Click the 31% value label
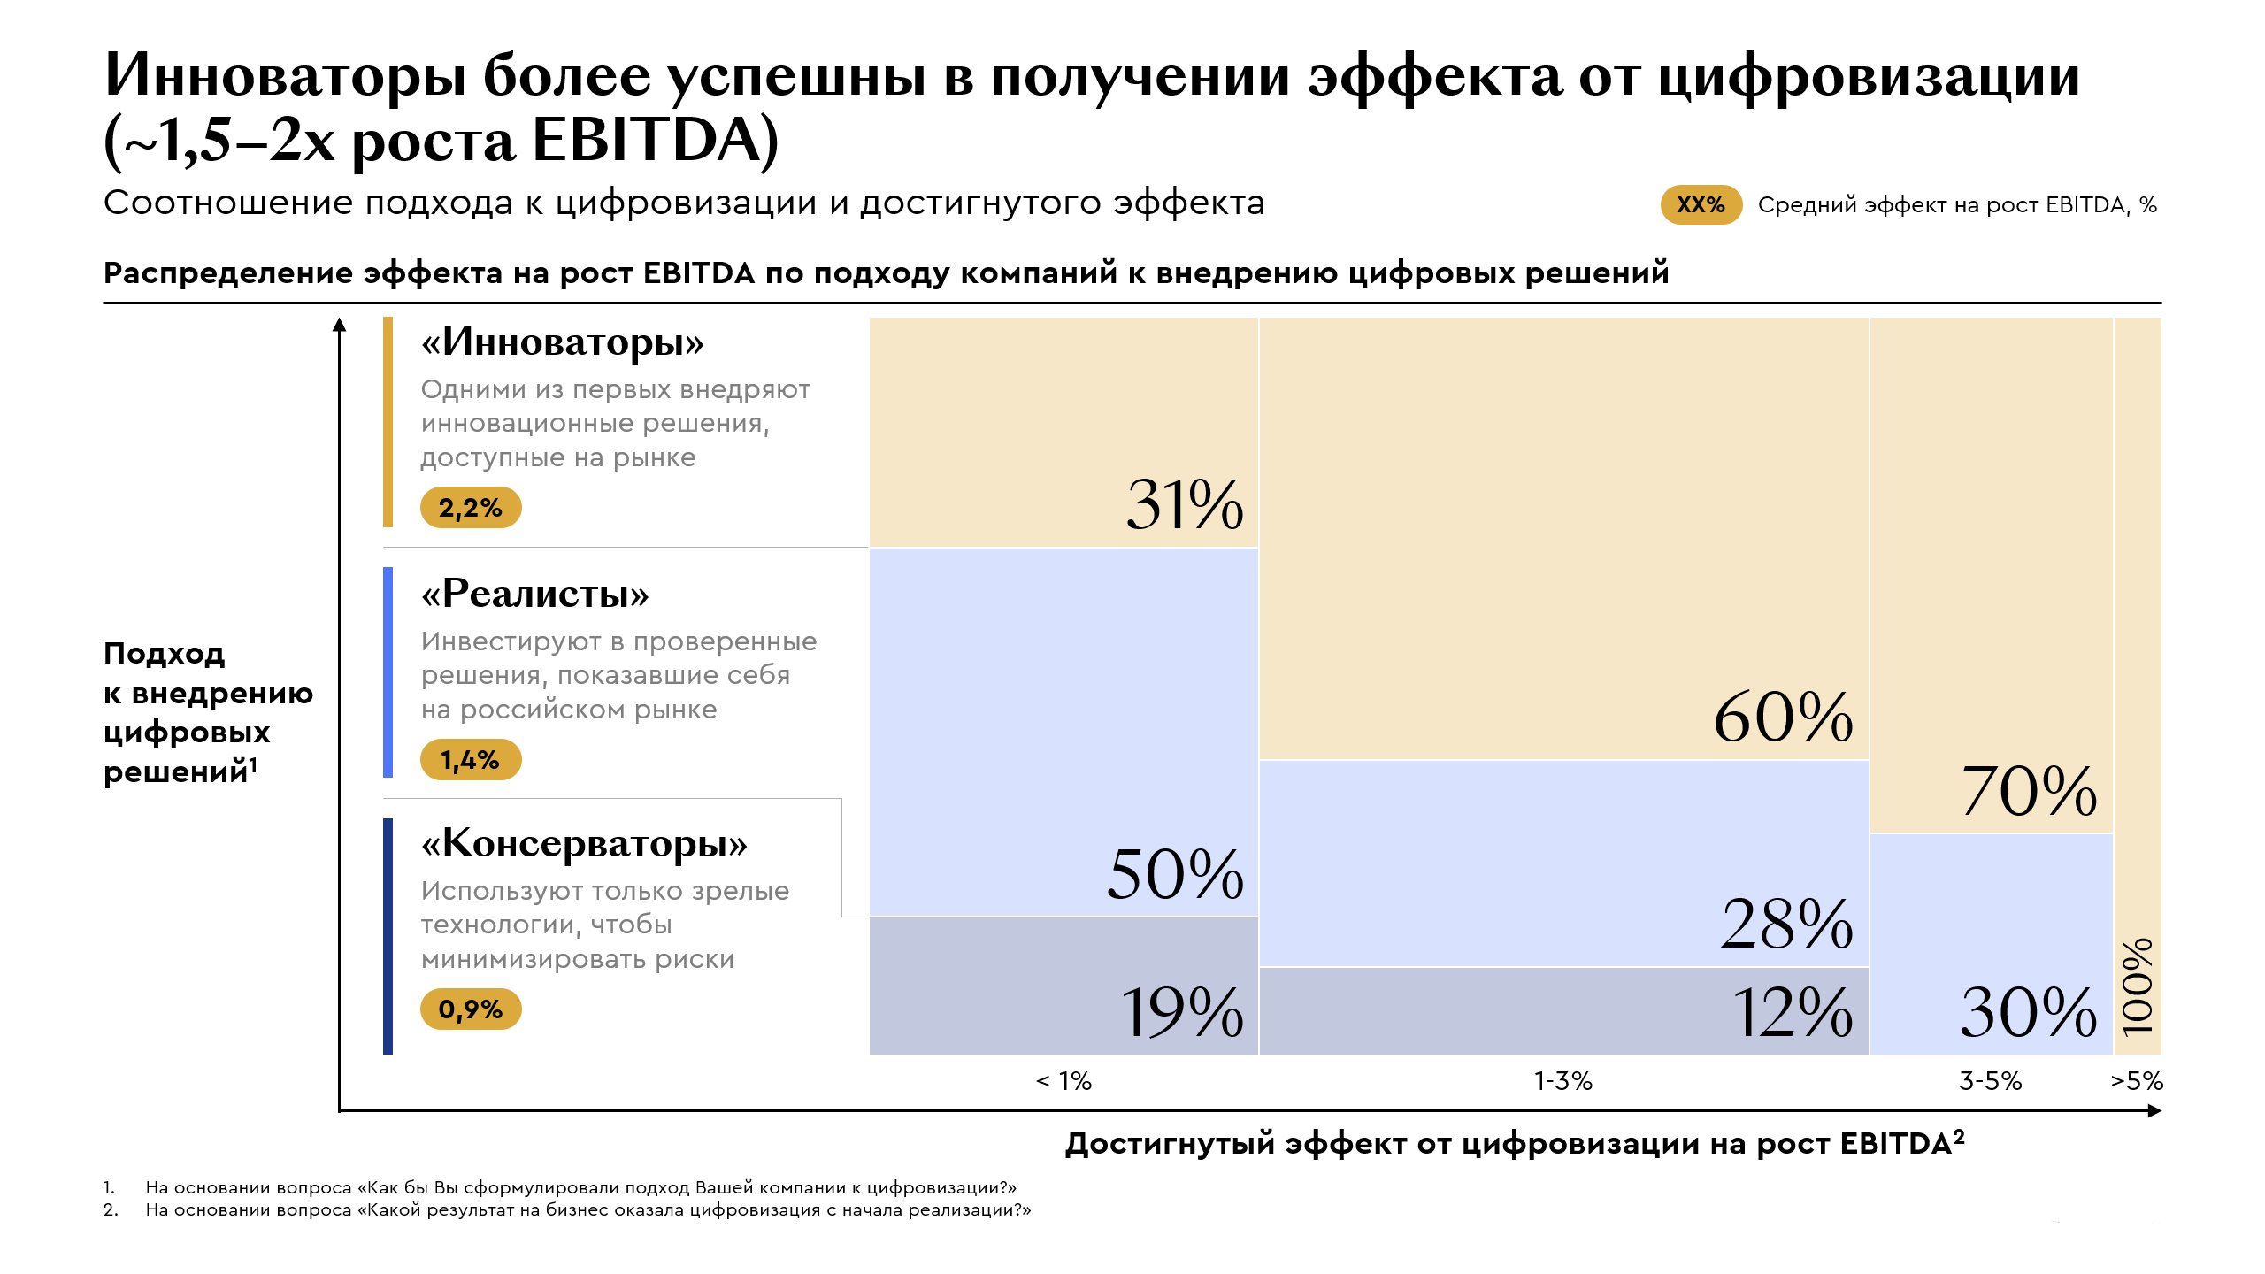point(1184,504)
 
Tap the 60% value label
point(1783,717)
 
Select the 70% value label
point(2028,791)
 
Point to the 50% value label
point(1175,875)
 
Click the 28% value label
point(1786,925)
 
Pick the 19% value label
point(1182,1012)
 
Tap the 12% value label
point(1792,1012)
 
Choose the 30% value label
point(2028,1012)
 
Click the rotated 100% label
point(2138,986)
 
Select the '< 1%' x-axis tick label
point(1063,1081)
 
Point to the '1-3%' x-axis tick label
point(1562,1081)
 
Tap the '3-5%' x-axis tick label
point(1991,1081)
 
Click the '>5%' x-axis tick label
point(2137,1081)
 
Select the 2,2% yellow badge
point(471,508)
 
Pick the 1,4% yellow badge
point(471,760)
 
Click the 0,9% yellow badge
point(471,1009)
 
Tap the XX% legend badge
point(1701,205)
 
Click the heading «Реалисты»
point(535,594)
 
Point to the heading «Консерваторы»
point(584,844)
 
